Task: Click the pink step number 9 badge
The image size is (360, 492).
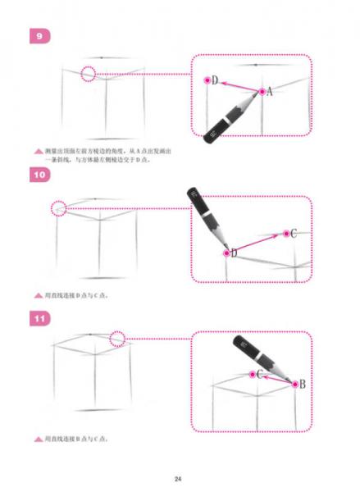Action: [39, 37]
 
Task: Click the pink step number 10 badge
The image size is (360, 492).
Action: [39, 175]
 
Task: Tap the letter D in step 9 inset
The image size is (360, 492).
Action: [215, 81]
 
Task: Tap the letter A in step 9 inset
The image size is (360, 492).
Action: [268, 92]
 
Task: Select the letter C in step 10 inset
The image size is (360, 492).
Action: [294, 234]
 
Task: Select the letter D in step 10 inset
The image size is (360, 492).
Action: [234, 253]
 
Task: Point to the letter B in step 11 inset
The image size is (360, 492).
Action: [301, 384]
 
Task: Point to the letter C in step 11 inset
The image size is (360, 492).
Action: [259, 374]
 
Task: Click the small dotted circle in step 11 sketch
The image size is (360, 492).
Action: [117, 337]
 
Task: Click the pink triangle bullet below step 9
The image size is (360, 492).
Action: [38, 153]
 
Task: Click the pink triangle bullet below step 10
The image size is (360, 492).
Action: [38, 294]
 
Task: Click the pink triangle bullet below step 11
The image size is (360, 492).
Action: [38, 438]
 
